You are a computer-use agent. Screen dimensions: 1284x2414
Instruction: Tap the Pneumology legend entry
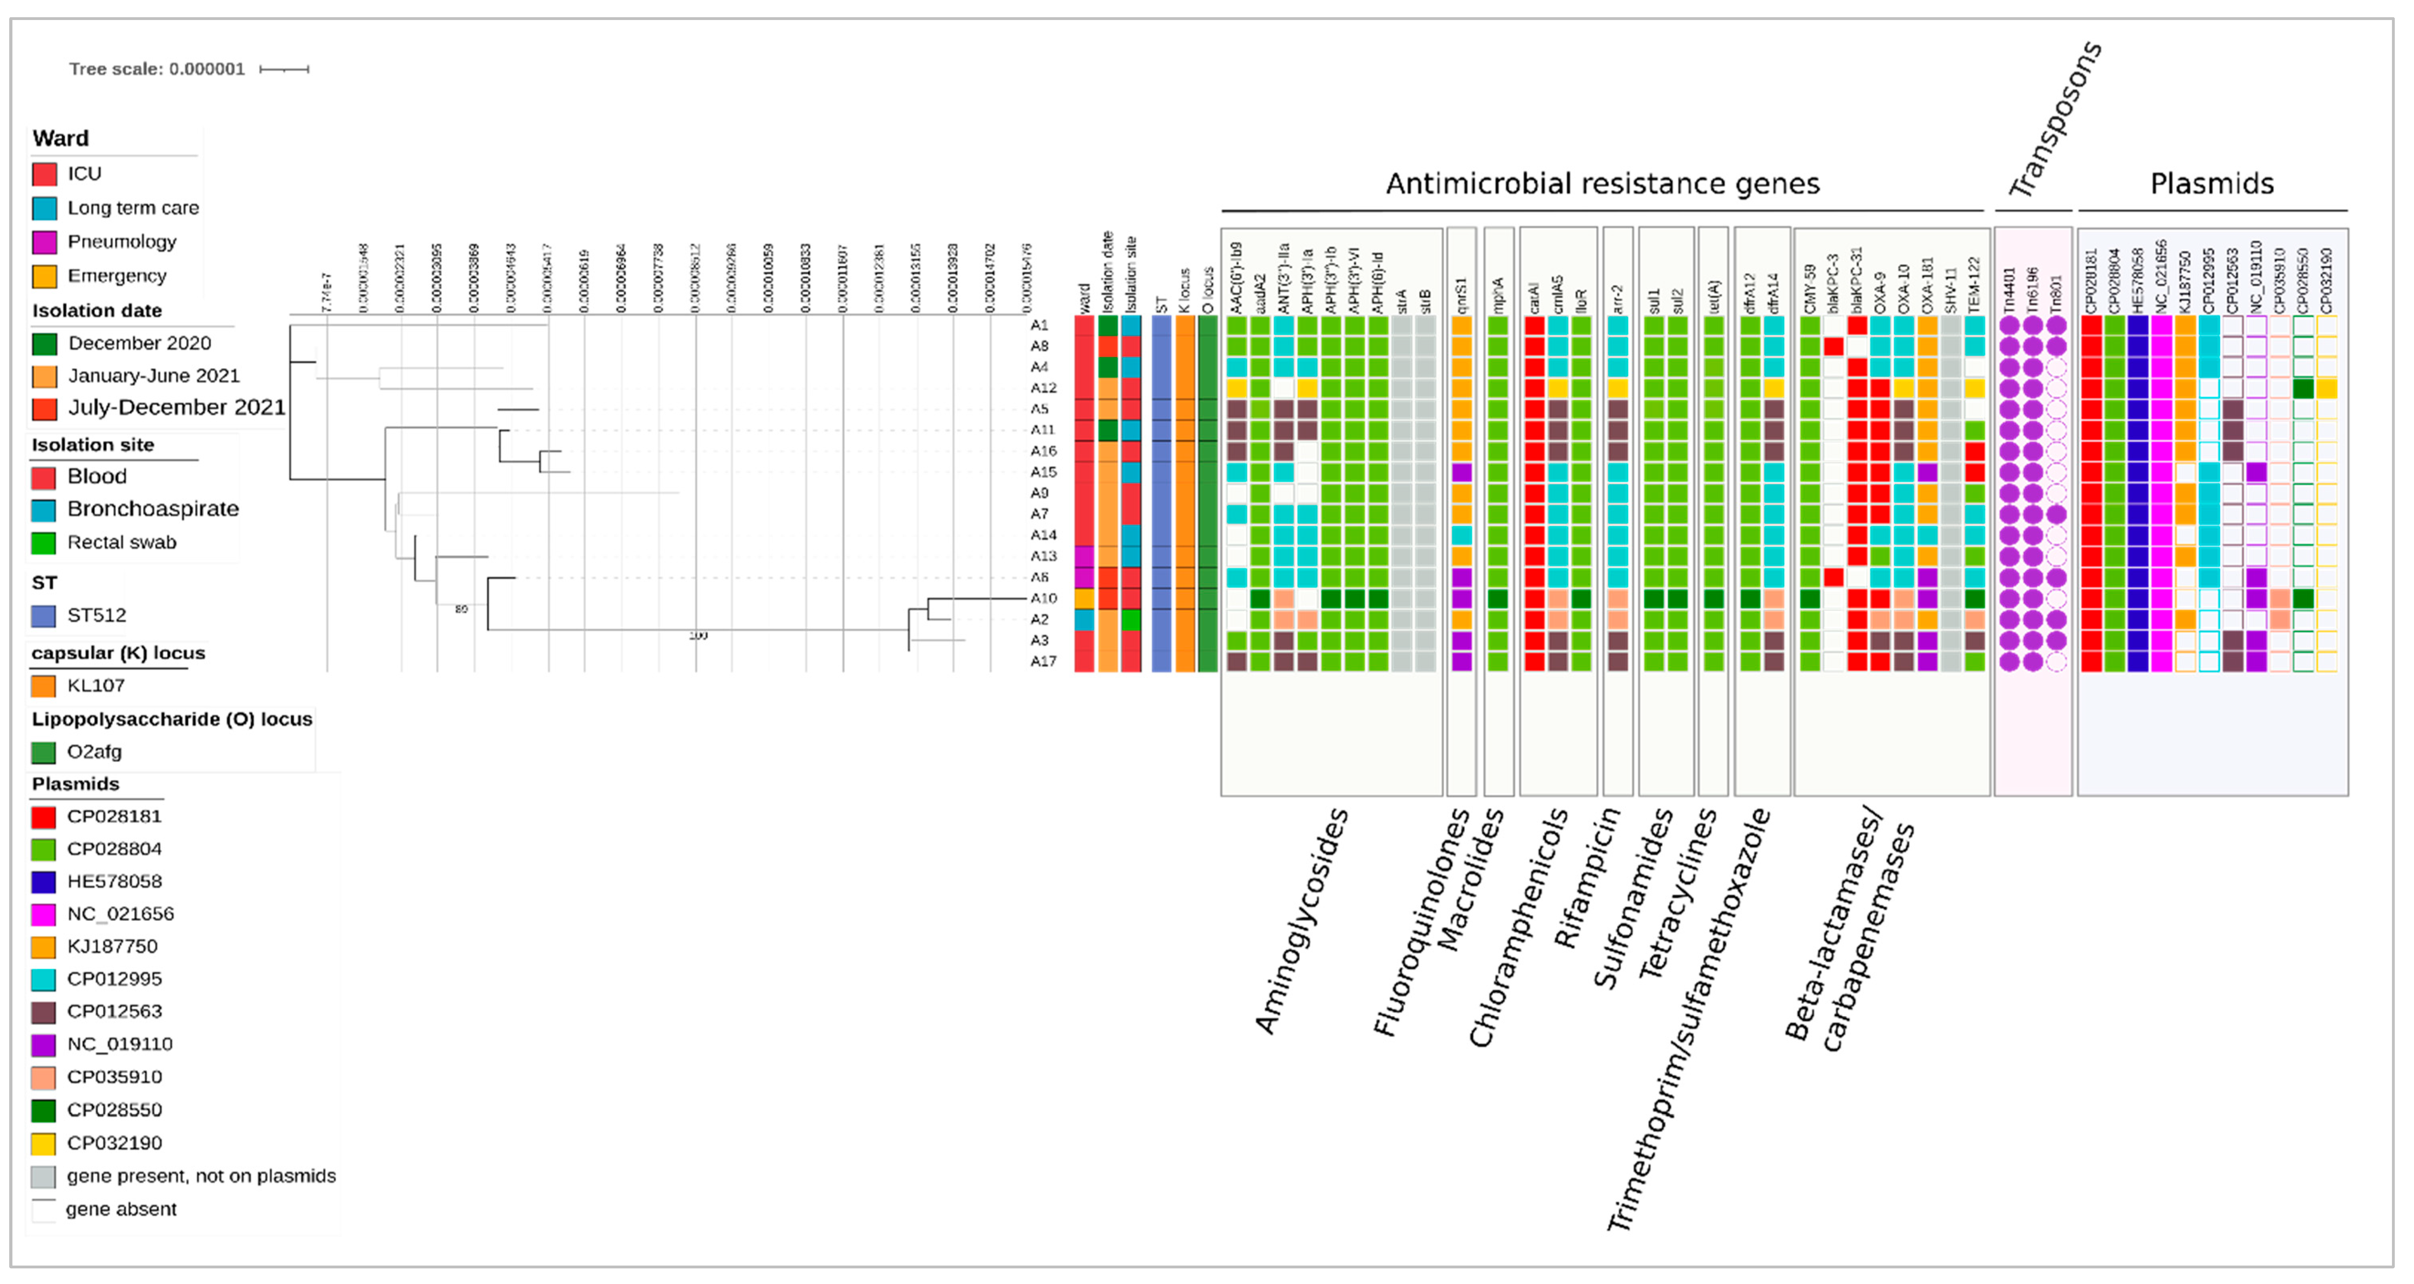(122, 242)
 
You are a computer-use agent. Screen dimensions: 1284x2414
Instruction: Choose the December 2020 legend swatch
(44, 344)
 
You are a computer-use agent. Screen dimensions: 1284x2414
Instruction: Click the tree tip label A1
(1039, 325)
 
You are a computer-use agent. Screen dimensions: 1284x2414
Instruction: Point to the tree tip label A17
(1043, 662)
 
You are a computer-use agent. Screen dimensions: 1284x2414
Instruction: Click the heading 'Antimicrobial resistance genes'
(1603, 184)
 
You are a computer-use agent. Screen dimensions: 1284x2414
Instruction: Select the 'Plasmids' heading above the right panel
(2212, 184)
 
